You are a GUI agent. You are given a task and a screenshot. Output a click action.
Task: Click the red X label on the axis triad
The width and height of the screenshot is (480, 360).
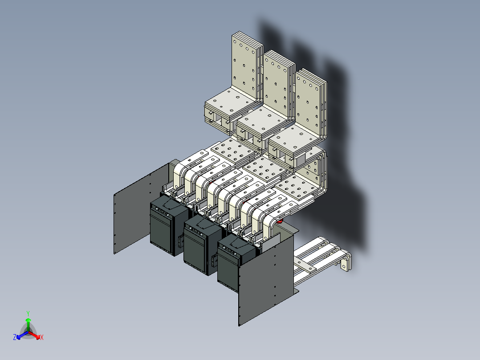(41, 338)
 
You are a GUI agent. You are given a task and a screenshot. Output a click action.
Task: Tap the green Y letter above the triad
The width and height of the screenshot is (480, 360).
(28, 313)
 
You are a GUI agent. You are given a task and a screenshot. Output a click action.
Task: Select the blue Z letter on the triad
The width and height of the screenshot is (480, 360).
(15, 338)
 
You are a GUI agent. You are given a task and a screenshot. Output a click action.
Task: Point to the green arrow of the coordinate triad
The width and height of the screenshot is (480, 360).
(28, 323)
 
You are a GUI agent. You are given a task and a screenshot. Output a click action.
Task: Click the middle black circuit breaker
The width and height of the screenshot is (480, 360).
(201, 245)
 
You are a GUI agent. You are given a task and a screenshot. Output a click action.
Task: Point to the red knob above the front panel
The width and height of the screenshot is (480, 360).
(280, 221)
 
